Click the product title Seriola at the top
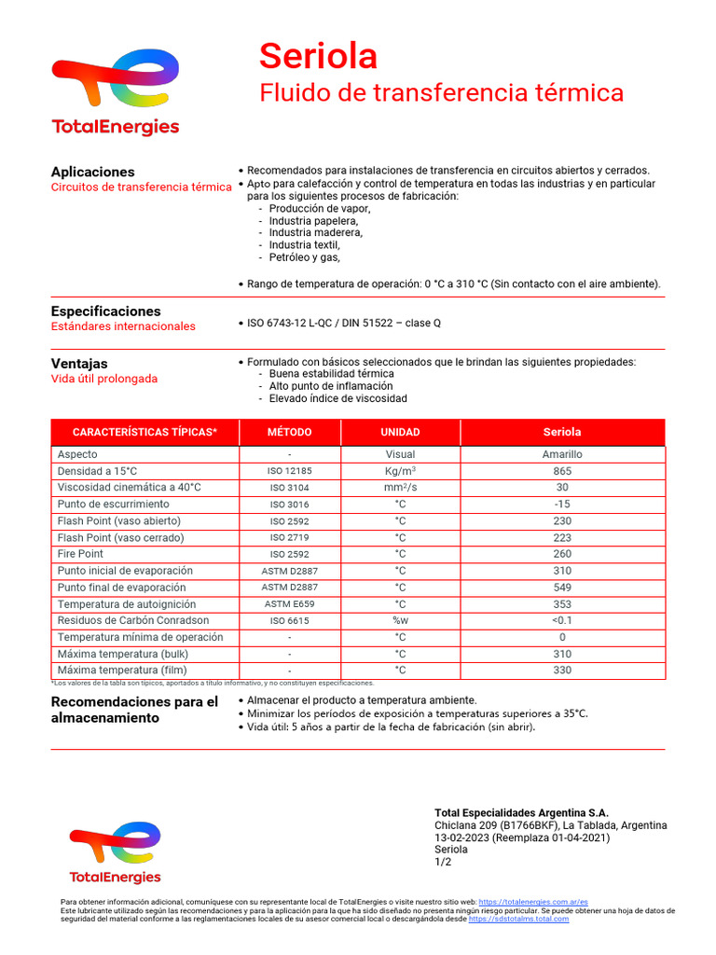(x=318, y=57)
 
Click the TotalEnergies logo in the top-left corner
(x=115, y=92)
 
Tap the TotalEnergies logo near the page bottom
(x=115, y=852)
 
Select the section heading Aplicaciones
(x=92, y=172)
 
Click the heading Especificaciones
(x=105, y=311)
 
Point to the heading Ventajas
(x=79, y=363)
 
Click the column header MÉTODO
(x=290, y=433)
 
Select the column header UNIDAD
(x=400, y=433)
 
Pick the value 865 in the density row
(x=562, y=471)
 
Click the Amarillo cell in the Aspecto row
(x=562, y=454)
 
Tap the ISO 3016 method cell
(x=290, y=505)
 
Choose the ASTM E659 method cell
(x=290, y=604)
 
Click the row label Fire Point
(x=80, y=554)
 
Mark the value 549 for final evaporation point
(x=562, y=588)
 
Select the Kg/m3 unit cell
(x=400, y=471)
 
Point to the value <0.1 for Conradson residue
(x=562, y=620)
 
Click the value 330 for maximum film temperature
(x=562, y=670)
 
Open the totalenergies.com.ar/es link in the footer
(x=532, y=903)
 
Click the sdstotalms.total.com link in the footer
(x=518, y=920)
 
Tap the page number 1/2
(x=443, y=862)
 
